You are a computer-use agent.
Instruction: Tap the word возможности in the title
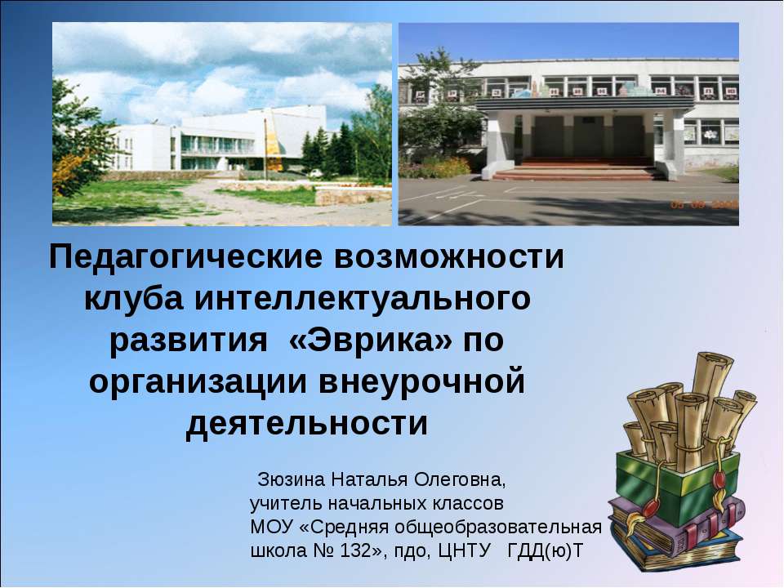[449, 257]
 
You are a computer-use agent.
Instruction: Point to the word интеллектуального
[363, 300]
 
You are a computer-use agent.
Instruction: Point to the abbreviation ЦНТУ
[464, 551]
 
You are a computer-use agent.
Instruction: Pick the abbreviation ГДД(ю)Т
[545, 551]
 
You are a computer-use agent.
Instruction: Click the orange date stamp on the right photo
[705, 204]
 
